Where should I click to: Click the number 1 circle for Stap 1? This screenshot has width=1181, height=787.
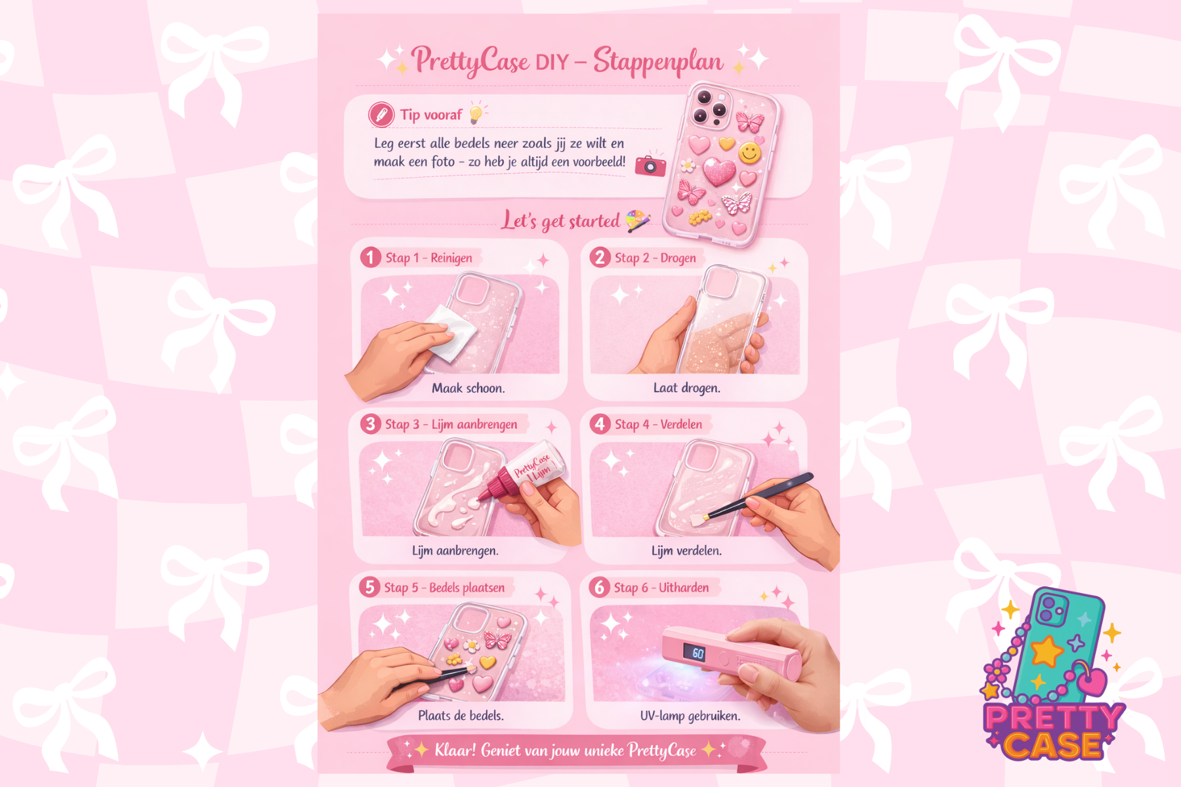371,257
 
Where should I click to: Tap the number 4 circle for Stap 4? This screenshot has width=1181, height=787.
600,424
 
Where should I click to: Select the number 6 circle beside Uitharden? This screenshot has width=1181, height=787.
599,587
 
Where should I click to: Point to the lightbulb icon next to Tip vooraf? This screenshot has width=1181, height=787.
477,113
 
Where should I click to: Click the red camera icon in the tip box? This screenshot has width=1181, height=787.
650,165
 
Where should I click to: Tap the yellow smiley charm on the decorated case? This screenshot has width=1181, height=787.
750,153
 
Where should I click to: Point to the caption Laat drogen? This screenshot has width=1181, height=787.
686,388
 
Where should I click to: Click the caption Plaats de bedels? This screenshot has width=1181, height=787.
461,716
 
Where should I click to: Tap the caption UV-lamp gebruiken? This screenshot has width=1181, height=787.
690,716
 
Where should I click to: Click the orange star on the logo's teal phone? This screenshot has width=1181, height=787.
1046,652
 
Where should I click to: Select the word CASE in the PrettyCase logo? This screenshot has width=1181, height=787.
1053,745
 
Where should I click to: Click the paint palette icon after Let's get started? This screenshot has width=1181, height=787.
638,221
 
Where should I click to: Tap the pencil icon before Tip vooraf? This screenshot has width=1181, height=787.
381,115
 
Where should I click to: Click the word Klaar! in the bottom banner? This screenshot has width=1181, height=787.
455,750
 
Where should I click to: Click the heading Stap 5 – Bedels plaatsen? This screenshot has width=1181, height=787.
444,588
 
